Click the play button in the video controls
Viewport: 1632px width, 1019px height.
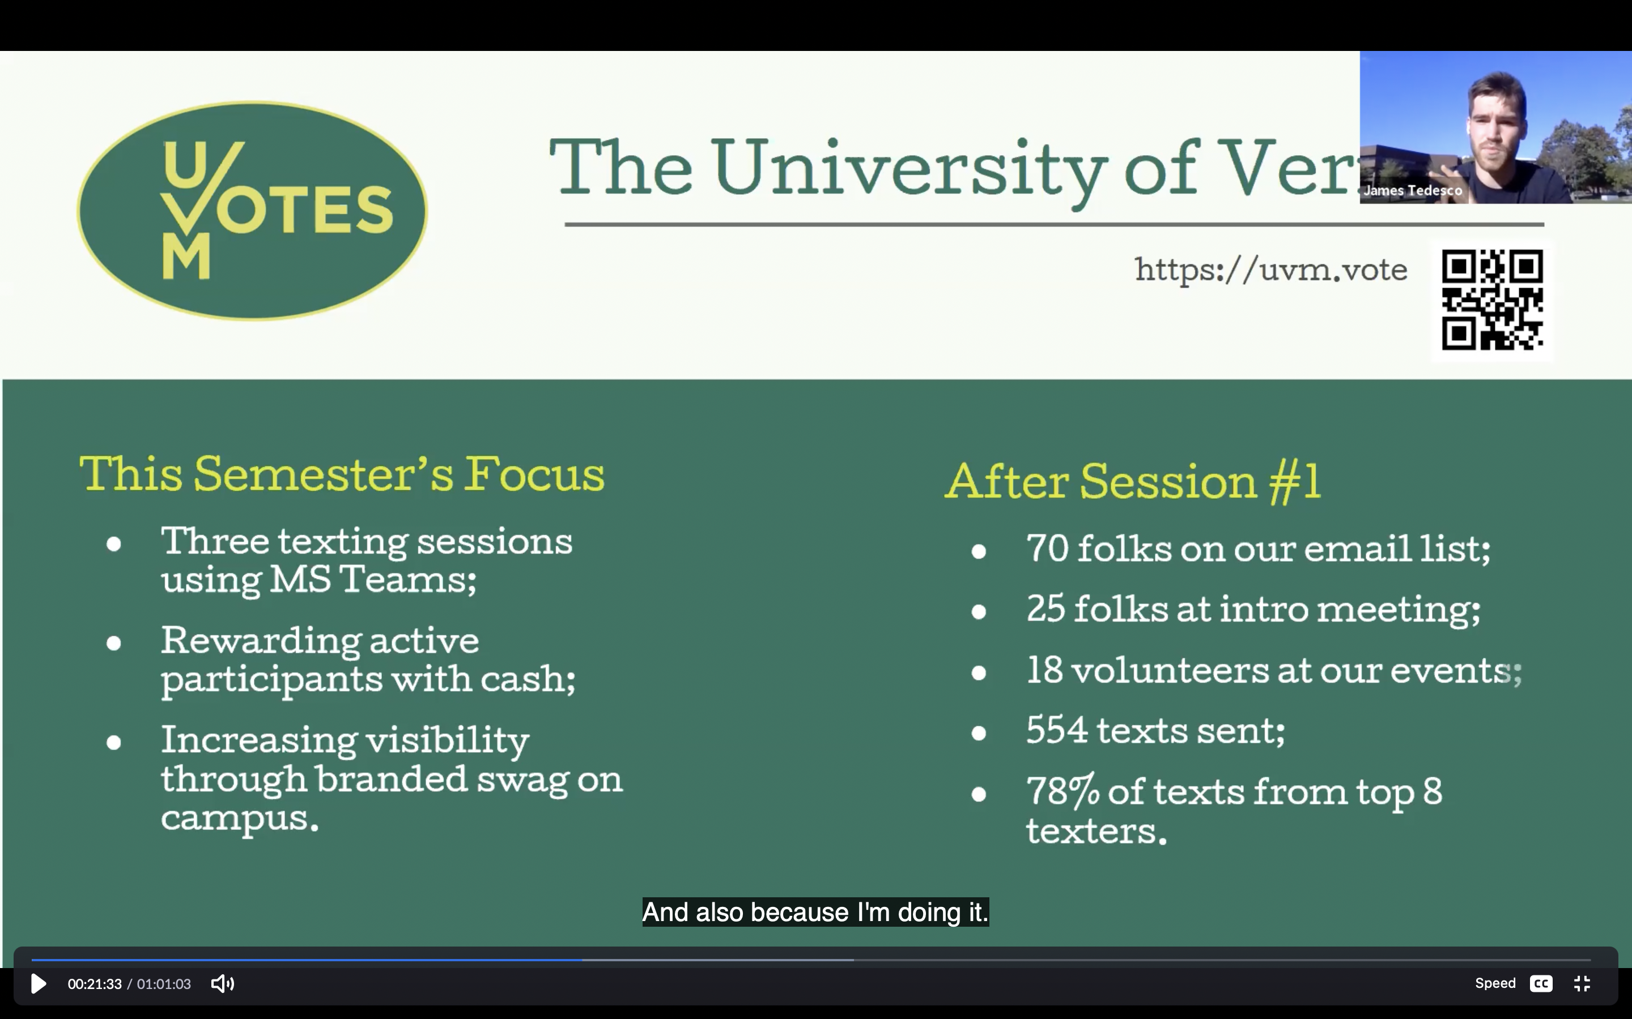pyautogui.click(x=39, y=983)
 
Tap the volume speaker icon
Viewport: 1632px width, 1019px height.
pyautogui.click(x=223, y=983)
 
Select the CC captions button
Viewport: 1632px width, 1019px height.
pyautogui.click(x=1541, y=983)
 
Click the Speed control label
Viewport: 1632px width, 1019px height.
pyautogui.click(x=1495, y=983)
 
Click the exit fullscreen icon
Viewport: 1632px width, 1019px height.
pyautogui.click(x=1582, y=983)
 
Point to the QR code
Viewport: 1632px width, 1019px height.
pyautogui.click(x=1493, y=300)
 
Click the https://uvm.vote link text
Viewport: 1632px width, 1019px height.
pyautogui.click(x=1271, y=270)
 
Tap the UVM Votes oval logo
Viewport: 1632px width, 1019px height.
pyautogui.click(x=252, y=210)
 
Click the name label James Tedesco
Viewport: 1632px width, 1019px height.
pyautogui.click(x=1413, y=191)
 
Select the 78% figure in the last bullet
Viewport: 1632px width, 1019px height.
pyautogui.click(x=1063, y=791)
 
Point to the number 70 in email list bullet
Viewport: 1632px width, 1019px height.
pyautogui.click(x=1047, y=548)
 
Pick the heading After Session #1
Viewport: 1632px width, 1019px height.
pyautogui.click(x=1133, y=481)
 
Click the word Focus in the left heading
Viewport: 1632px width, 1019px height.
pyautogui.click(x=534, y=474)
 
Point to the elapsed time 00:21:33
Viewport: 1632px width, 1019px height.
pyautogui.click(x=95, y=984)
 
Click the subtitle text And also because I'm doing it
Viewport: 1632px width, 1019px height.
pyautogui.click(x=815, y=912)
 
